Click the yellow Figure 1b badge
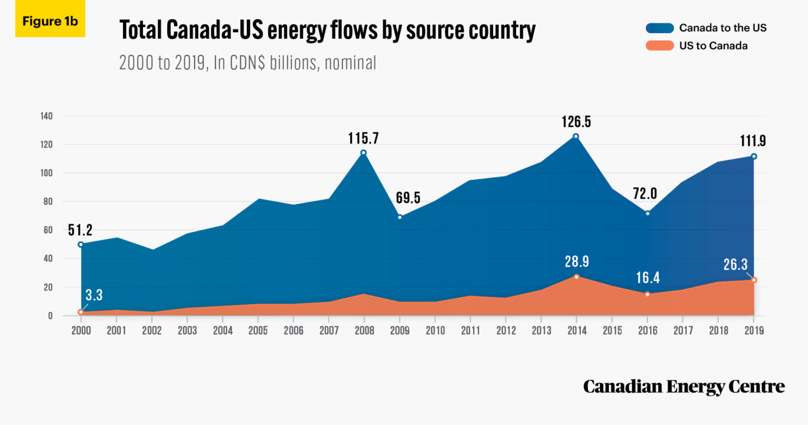[50, 21]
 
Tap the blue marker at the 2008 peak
[364, 153]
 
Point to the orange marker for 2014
[576, 276]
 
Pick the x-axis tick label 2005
[258, 330]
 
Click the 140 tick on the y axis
[46, 116]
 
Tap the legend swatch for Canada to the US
[659, 28]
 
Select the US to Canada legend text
[713, 46]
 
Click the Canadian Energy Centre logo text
[683, 386]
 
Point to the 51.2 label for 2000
[81, 230]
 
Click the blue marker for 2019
[754, 156]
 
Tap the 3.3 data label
[94, 295]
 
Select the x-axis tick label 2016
[648, 330]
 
